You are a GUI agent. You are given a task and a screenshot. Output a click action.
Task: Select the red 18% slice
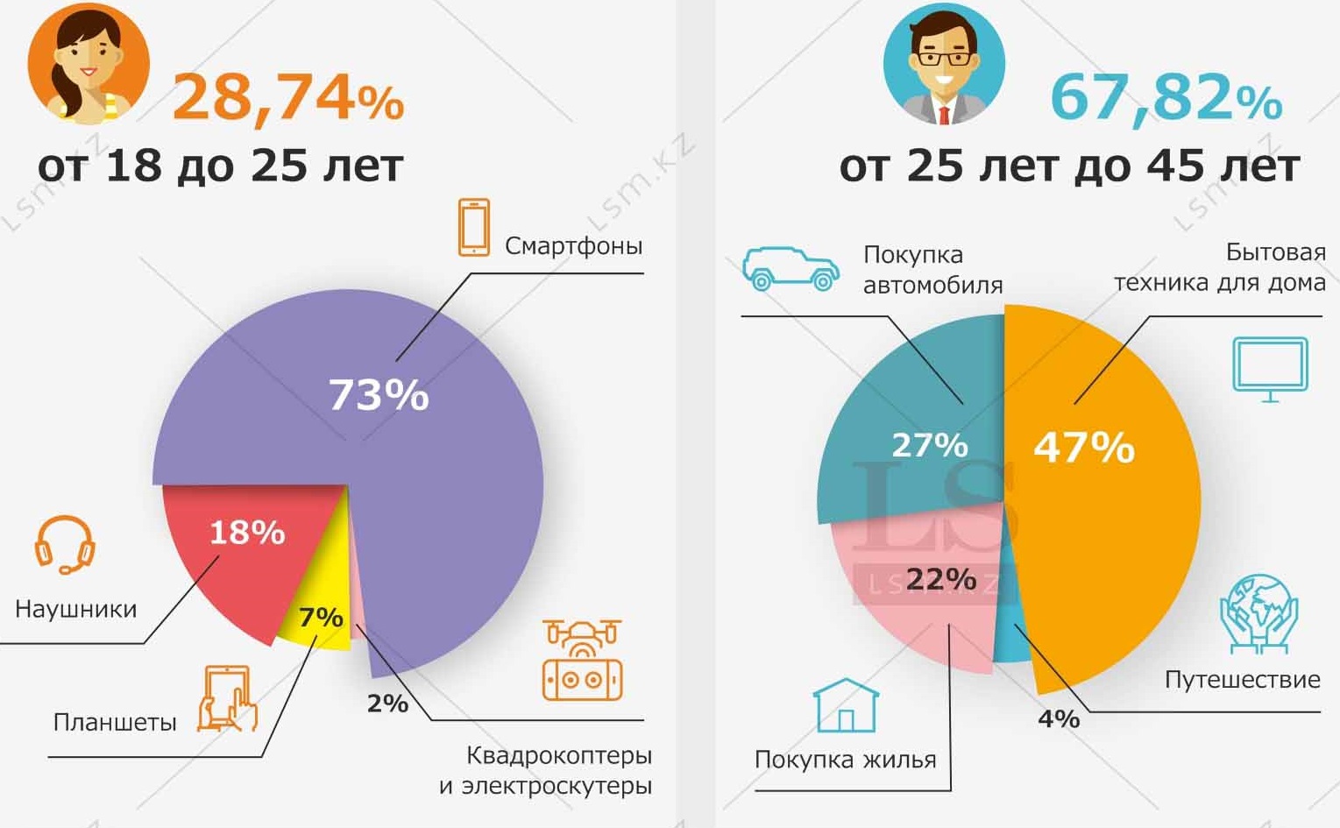pyautogui.click(x=237, y=552)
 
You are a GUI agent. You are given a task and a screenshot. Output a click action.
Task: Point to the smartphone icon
pyautogui.click(x=474, y=227)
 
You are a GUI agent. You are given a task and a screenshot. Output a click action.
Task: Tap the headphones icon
pyautogui.click(x=65, y=544)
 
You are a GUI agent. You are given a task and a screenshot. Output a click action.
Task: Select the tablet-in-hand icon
pyautogui.click(x=227, y=698)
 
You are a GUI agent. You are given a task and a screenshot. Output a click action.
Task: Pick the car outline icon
pyautogui.click(x=791, y=267)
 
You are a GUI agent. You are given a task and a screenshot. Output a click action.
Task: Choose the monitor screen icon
pyautogui.click(x=1270, y=368)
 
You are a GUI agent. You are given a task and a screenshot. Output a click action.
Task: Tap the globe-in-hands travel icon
pyautogui.click(x=1258, y=613)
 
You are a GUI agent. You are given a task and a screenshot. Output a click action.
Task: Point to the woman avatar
pyautogui.click(x=89, y=63)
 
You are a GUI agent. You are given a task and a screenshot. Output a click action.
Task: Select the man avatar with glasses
pyautogui.click(x=944, y=63)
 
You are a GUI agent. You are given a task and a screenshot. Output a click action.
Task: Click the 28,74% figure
pyautogui.click(x=288, y=98)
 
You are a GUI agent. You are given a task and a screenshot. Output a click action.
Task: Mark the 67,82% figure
pyautogui.click(x=1166, y=98)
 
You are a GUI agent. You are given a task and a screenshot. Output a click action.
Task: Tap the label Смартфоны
pyautogui.click(x=573, y=245)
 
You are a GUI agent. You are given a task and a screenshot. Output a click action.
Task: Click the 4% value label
pyautogui.click(x=1058, y=718)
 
